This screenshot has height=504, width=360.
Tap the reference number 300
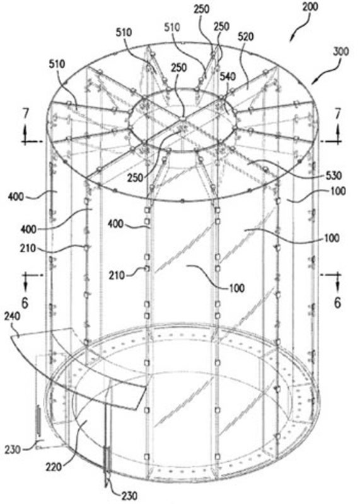[340, 51]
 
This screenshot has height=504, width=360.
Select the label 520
[245, 37]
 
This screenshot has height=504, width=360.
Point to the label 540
[228, 76]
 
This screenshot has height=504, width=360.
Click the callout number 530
[333, 176]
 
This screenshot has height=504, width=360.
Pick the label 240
[13, 317]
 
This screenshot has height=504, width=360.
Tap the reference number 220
[54, 467]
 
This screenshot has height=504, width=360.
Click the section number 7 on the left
[26, 114]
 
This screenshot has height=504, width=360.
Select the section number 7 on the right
[337, 114]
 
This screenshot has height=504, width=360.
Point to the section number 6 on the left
[25, 302]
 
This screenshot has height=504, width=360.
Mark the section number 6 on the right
[337, 302]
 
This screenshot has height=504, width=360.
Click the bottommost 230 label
[129, 496]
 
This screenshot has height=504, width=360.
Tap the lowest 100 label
[237, 288]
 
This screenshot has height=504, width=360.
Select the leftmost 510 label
[57, 64]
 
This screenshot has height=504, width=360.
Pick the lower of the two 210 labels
[116, 275]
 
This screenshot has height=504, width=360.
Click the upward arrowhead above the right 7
[338, 130]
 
